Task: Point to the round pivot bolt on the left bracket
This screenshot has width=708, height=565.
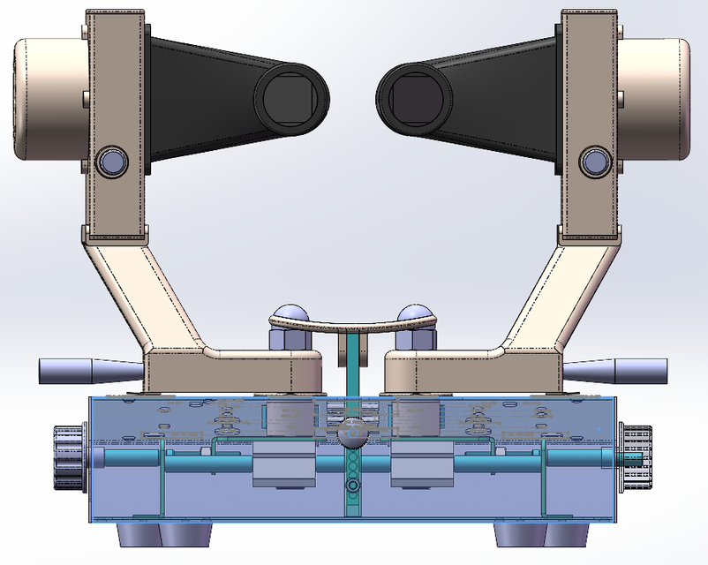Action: pos(113,161)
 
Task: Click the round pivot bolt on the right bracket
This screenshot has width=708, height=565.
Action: pos(593,161)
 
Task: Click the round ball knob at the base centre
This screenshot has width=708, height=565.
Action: pos(351,433)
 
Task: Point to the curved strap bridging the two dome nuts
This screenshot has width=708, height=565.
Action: pos(353,327)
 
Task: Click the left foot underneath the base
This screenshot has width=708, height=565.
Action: pos(165,535)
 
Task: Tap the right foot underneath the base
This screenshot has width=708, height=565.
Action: pos(540,535)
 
